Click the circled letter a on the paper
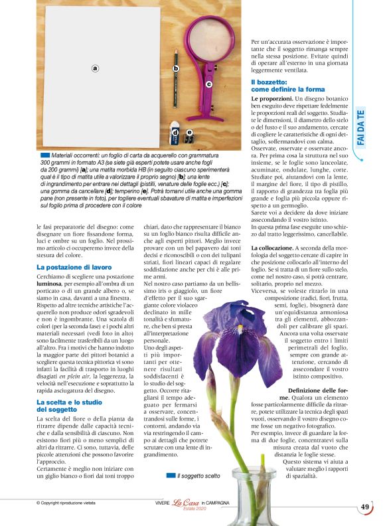95,68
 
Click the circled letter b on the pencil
176,68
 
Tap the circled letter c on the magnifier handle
208,84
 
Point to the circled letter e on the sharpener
189,133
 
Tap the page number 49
364,507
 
